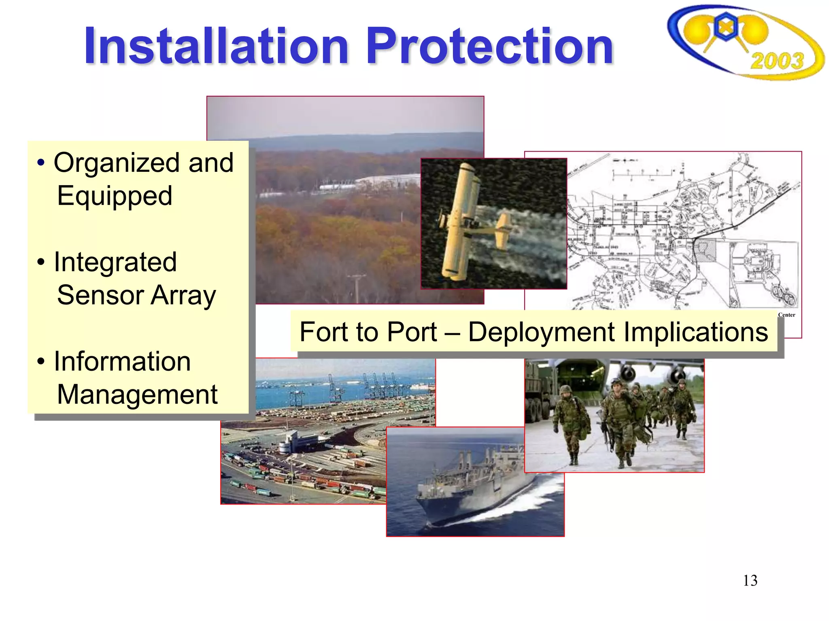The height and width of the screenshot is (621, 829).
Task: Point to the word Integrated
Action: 115,262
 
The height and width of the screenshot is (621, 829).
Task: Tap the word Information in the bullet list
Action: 122,361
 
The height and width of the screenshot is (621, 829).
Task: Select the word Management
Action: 137,395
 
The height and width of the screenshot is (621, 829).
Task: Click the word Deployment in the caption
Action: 542,332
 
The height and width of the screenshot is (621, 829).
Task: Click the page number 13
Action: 750,581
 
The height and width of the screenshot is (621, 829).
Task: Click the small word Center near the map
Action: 786,315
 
